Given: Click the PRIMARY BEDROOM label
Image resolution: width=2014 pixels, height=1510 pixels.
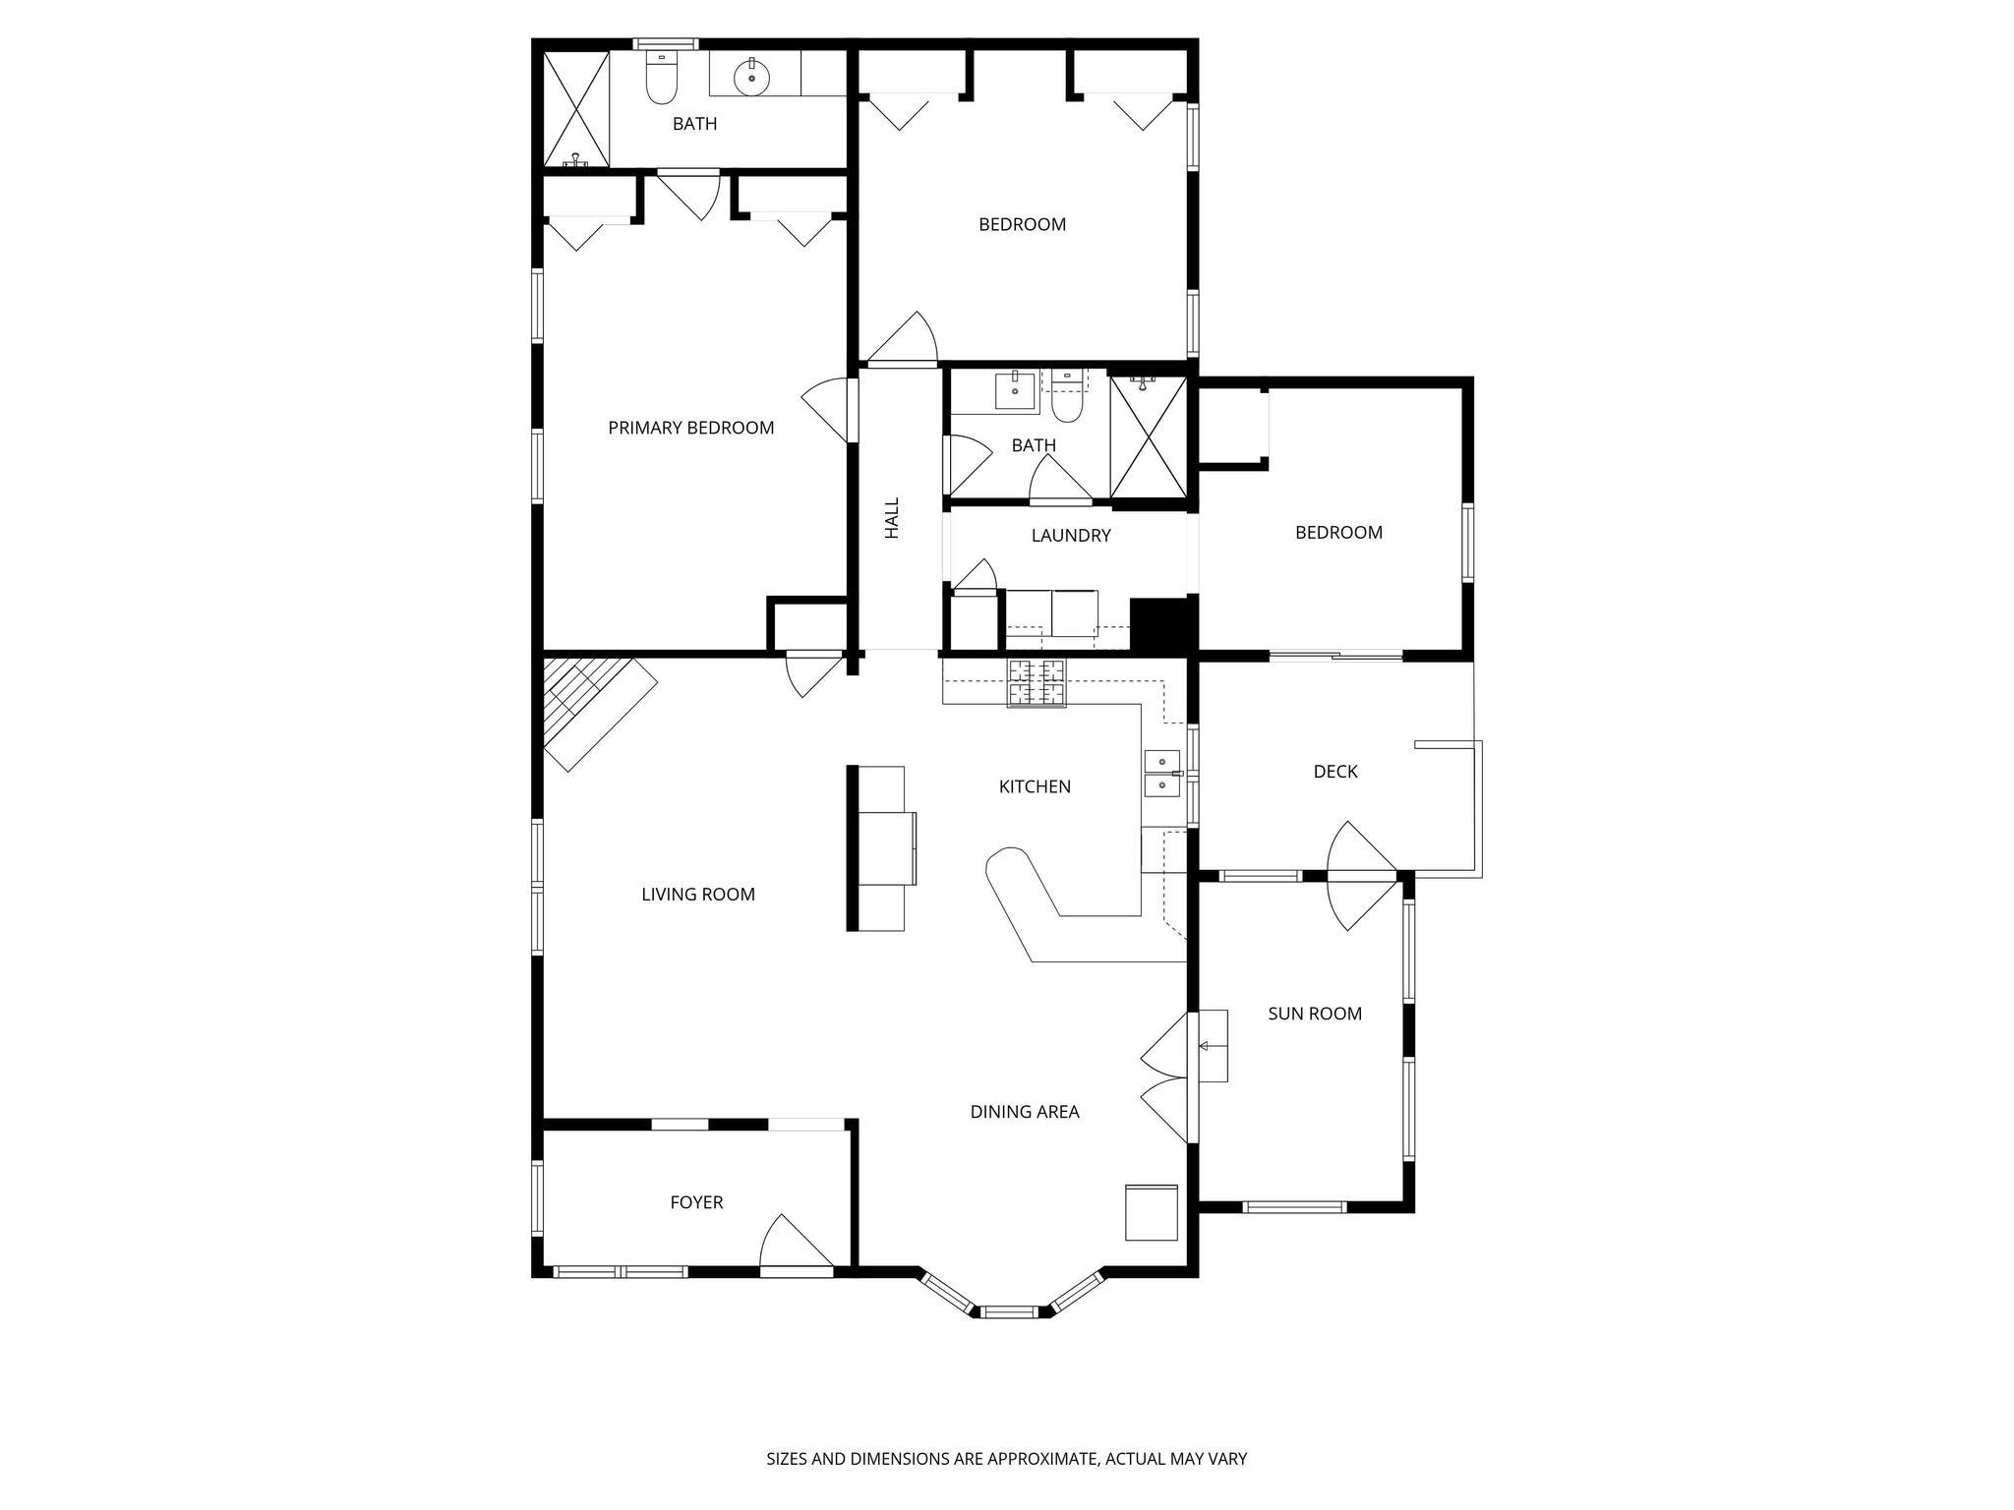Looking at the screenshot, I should click(x=690, y=428).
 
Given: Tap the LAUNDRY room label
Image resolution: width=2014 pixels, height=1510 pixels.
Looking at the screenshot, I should click(x=1071, y=536).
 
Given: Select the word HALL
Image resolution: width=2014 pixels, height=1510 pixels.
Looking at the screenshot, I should click(x=892, y=518).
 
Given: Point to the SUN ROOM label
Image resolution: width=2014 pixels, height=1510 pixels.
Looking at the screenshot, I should click(x=1314, y=1014).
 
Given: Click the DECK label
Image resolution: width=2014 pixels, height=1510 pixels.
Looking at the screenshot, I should click(x=1334, y=772).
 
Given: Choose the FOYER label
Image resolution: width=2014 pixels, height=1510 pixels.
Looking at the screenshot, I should click(x=696, y=1202).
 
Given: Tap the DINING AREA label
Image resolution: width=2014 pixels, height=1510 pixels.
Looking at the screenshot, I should click(x=1025, y=1112).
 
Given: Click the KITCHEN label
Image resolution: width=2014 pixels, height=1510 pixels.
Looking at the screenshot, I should click(x=1035, y=786).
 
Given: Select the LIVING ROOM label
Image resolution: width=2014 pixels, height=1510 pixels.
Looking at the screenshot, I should click(x=698, y=895).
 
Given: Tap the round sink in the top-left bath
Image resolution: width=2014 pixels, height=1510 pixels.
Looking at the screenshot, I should click(x=752, y=76).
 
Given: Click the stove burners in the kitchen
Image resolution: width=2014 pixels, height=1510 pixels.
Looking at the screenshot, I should click(x=1036, y=683).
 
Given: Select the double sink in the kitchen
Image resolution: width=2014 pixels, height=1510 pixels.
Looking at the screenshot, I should click(x=1161, y=773).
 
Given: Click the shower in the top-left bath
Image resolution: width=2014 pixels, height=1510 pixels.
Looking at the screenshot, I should click(x=576, y=108).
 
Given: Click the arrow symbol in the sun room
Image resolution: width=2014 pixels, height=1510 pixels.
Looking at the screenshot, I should click(x=1204, y=1046).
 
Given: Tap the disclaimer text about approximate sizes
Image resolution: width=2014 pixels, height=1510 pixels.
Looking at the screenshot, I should click(x=1006, y=1459).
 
